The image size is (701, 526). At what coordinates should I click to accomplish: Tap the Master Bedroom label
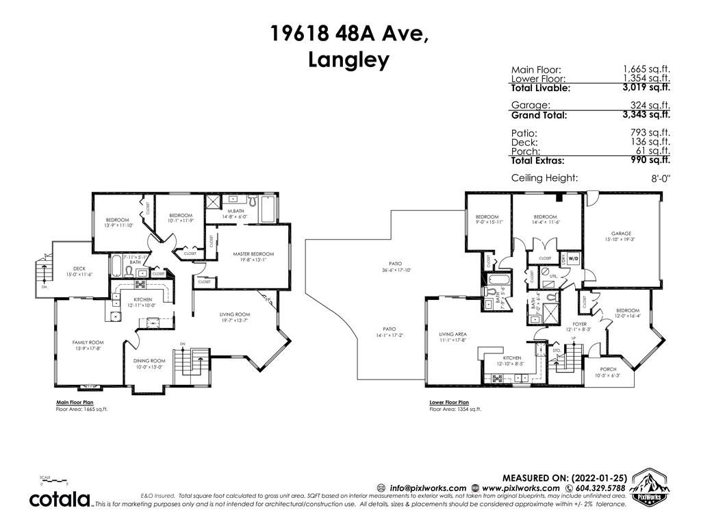pyautogui.click(x=253, y=253)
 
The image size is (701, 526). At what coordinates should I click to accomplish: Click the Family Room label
pyautogui.click(x=88, y=342)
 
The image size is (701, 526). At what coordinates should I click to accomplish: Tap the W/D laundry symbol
pyautogui.click(x=573, y=259)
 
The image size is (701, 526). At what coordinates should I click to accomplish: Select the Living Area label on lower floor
pyautogui.click(x=453, y=334)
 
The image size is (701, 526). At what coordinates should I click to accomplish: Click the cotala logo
pyautogui.click(x=60, y=499)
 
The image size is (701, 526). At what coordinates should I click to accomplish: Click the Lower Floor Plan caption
pyautogui.click(x=449, y=403)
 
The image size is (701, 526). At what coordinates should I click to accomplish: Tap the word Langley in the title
pyautogui.click(x=349, y=60)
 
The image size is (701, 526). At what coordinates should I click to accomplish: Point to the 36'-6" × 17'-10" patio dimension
pyautogui.click(x=394, y=269)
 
